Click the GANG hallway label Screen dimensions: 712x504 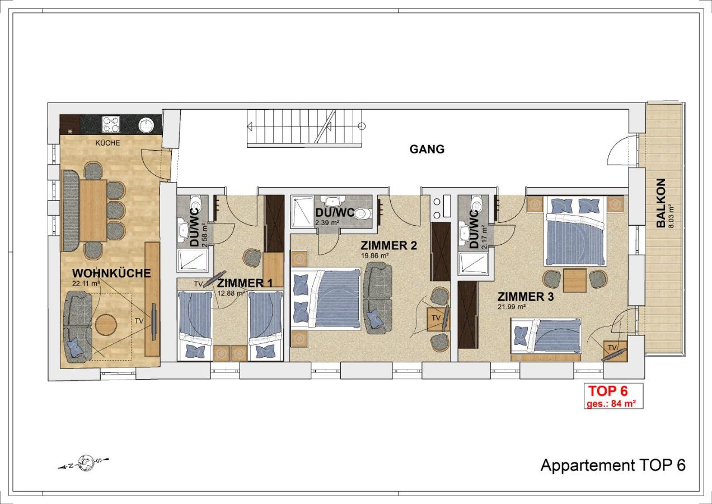tap(427, 149)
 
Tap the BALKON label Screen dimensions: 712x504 tap(661, 203)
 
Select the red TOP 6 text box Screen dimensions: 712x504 tap(613, 396)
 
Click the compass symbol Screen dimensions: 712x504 tap(85, 463)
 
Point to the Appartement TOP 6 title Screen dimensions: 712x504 tap(613, 465)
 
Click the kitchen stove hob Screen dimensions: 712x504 tap(111, 124)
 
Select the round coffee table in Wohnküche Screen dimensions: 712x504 tap(106, 325)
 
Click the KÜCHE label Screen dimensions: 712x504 tap(108, 143)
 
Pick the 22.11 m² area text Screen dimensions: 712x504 tap(86, 283)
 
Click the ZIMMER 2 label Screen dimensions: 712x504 tap(388, 245)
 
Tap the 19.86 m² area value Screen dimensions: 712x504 tap(375, 255)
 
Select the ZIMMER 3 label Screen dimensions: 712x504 tap(526, 296)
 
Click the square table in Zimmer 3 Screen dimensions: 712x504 tap(575, 280)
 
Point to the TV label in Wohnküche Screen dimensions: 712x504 tap(139, 321)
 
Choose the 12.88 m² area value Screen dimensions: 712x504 tap(231, 293)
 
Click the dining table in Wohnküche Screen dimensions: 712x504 tap(93, 211)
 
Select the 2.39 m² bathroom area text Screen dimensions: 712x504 tap(327, 222)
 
